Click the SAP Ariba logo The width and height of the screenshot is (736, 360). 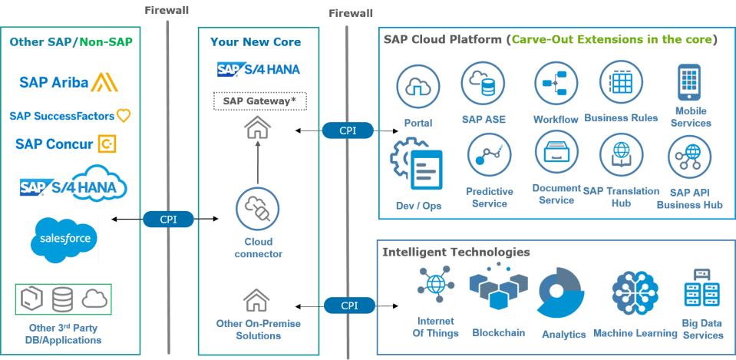[x=68, y=82]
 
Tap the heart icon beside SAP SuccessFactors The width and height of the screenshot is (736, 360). [x=124, y=115]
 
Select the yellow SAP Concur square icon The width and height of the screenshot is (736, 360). [x=107, y=144]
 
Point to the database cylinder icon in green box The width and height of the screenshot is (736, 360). [x=62, y=299]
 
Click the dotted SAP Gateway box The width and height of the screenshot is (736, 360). [x=260, y=101]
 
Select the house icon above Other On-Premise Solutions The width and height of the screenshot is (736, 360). [x=256, y=300]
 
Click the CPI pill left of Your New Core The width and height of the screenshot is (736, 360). [x=168, y=220]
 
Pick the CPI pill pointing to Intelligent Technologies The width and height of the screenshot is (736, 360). [x=350, y=306]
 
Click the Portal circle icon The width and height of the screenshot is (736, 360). [x=418, y=87]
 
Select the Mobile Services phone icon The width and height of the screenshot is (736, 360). [x=689, y=81]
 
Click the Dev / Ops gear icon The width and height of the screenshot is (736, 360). [x=416, y=163]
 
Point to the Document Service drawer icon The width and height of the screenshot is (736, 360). [x=556, y=153]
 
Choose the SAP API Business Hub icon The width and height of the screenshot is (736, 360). [x=689, y=157]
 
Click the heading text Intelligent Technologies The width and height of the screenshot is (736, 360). [x=456, y=252]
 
